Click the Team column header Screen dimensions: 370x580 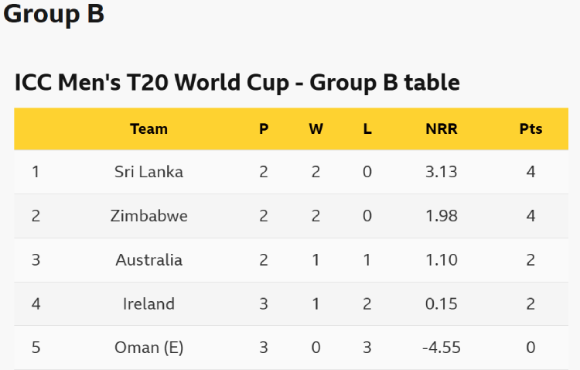(x=148, y=129)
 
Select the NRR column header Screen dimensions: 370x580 (x=442, y=129)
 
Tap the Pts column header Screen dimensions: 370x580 (x=531, y=129)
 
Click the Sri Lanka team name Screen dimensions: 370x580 (x=148, y=172)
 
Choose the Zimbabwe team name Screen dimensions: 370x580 (x=148, y=216)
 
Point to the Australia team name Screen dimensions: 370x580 (x=148, y=260)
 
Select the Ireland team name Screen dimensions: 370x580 (x=148, y=304)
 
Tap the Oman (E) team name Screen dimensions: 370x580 (x=148, y=348)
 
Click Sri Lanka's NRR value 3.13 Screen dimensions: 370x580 (x=442, y=172)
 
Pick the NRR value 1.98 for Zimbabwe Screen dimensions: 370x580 (x=442, y=216)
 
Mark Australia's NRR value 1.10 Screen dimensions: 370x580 (x=442, y=260)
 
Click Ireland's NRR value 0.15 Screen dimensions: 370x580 (x=442, y=304)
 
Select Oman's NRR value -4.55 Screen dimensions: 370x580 (x=442, y=348)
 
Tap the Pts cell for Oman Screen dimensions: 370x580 (x=531, y=348)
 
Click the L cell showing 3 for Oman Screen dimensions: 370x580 (x=367, y=348)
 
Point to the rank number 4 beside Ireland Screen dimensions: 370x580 (x=36, y=304)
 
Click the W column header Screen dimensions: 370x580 (x=316, y=129)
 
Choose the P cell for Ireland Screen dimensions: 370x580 (x=264, y=304)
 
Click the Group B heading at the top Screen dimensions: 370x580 (x=54, y=14)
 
